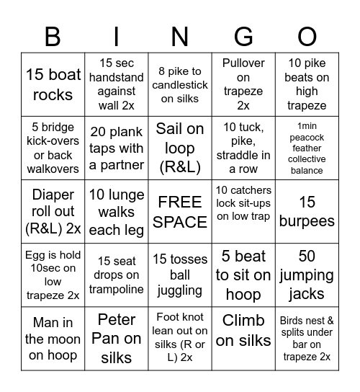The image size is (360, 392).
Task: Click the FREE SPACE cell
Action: click(180, 211)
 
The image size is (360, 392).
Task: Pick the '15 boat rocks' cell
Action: click(53, 84)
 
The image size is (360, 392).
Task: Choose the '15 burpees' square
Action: click(307, 211)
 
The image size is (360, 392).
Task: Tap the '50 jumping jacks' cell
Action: click(307, 275)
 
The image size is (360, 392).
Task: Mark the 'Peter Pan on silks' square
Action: click(117, 338)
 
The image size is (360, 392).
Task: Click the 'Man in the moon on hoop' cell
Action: click(53, 338)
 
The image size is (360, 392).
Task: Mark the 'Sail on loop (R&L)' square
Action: click(180, 148)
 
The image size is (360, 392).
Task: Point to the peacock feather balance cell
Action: click(307, 148)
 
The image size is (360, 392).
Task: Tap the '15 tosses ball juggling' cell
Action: click(180, 275)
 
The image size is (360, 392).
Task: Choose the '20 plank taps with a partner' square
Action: click(117, 148)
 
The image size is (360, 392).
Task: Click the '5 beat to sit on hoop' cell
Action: click(243, 275)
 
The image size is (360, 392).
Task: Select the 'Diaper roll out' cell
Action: click(53, 211)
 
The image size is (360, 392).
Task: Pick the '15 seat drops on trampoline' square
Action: click(117, 275)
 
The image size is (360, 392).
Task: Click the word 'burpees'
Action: click(307, 221)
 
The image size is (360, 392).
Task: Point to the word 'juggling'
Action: click(180, 290)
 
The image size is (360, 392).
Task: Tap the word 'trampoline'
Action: click(117, 289)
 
